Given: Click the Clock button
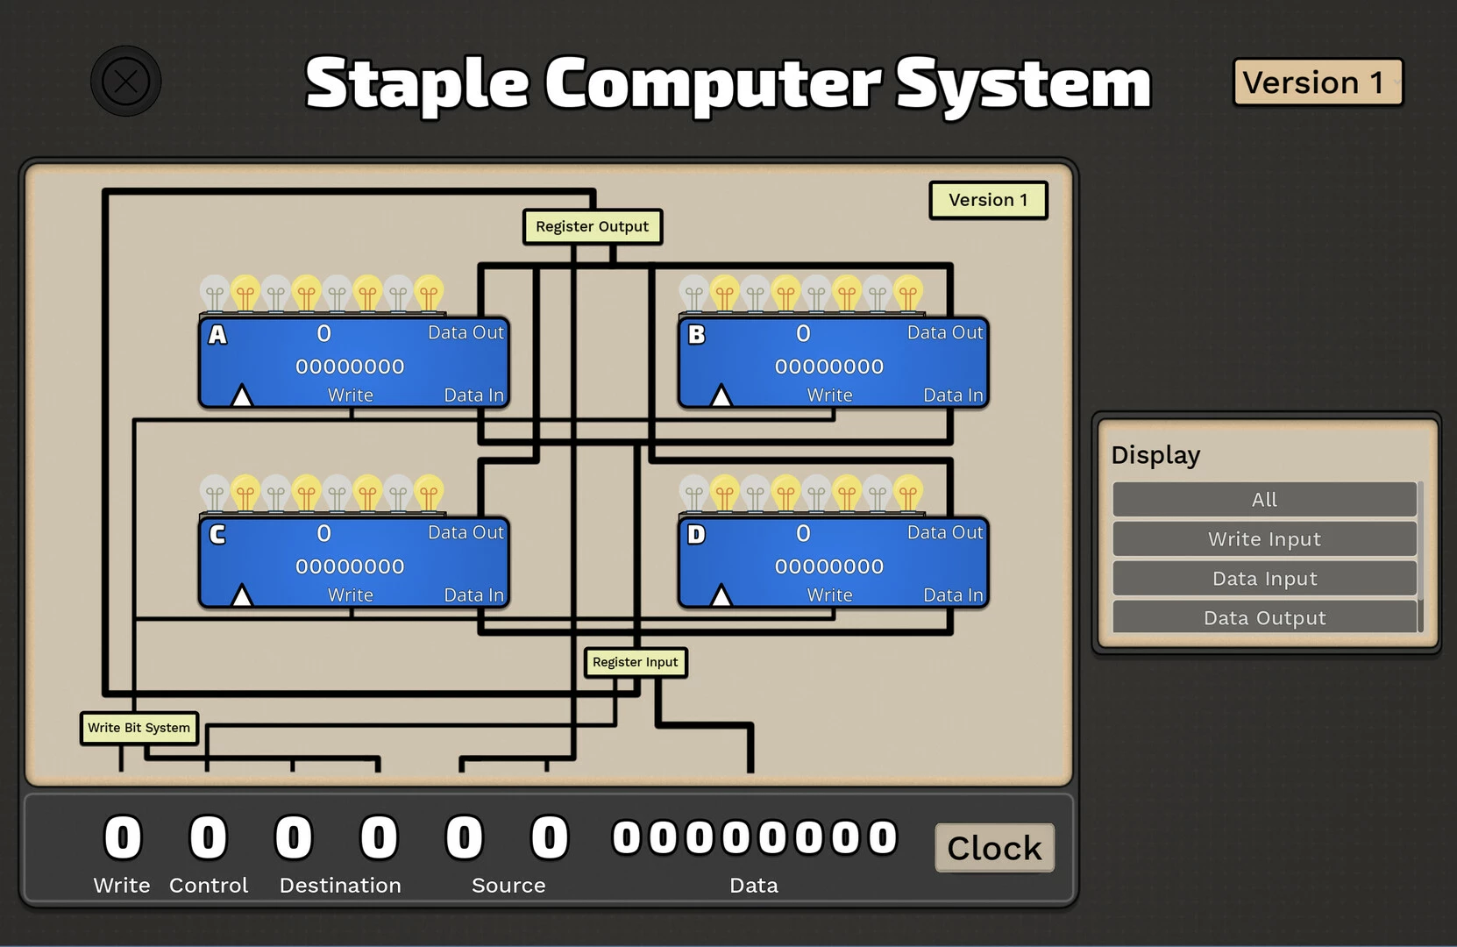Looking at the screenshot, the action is [x=994, y=848].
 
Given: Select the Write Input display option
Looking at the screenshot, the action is [x=1264, y=538].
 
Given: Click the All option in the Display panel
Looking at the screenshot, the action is [x=1264, y=499].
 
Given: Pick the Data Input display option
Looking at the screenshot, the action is [x=1264, y=578].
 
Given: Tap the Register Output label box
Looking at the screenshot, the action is [x=593, y=226].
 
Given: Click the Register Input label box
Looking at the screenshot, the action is [x=636, y=662].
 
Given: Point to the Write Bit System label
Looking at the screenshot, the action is [x=139, y=728].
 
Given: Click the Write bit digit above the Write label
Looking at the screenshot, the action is [x=122, y=837].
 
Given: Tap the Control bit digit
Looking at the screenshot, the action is [x=208, y=837].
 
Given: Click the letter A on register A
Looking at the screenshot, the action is [x=217, y=334].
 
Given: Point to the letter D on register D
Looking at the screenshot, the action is [x=697, y=534].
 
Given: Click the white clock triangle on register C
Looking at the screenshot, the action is [x=242, y=595].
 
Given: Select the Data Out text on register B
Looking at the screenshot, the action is [x=944, y=332].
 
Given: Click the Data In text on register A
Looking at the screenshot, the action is [x=473, y=395].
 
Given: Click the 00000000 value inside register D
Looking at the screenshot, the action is [x=829, y=566].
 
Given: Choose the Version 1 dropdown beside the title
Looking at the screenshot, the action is [x=1318, y=82].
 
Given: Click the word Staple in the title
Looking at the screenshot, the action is [x=417, y=84].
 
